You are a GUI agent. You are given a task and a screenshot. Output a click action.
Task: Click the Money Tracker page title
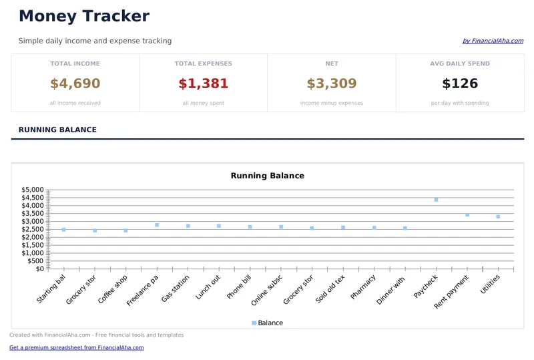point(84,17)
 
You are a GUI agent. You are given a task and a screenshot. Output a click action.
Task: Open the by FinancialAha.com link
point(493,41)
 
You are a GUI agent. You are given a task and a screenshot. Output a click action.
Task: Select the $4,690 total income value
point(75,83)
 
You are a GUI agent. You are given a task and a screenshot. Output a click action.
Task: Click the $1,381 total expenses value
point(204,83)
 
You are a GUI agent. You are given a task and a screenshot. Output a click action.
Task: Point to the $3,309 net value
point(332,83)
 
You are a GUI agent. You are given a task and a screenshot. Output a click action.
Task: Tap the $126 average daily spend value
point(460,83)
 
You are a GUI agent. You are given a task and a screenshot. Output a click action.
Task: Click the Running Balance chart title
point(267,176)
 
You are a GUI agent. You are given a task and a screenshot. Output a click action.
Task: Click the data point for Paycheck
point(436,200)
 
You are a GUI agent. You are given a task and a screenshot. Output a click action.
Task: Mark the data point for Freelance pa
point(157,225)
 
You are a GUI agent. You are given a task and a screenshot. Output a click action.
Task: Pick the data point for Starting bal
point(63,230)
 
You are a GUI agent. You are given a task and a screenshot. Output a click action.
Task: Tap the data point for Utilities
point(498,216)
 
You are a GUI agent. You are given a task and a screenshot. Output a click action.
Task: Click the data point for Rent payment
point(467,214)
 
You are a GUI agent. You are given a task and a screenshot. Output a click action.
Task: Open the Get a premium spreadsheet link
point(76,347)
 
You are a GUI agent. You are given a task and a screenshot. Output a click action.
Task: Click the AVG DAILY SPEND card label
point(460,64)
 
